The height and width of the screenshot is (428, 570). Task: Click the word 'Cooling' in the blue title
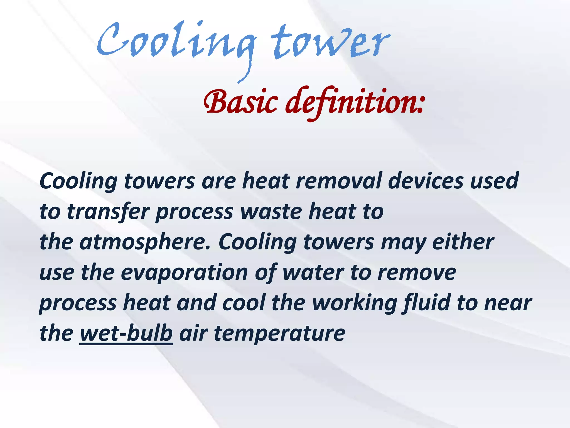tap(175, 42)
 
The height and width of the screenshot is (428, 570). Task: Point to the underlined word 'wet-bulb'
tap(126, 333)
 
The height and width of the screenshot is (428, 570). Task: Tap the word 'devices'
tap(426, 181)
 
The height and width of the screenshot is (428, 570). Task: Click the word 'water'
tap(313, 273)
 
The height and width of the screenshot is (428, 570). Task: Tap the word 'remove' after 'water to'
tap(417, 273)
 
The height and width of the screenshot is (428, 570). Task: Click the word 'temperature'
tap(279, 333)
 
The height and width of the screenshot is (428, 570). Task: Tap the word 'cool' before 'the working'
tap(244, 303)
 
